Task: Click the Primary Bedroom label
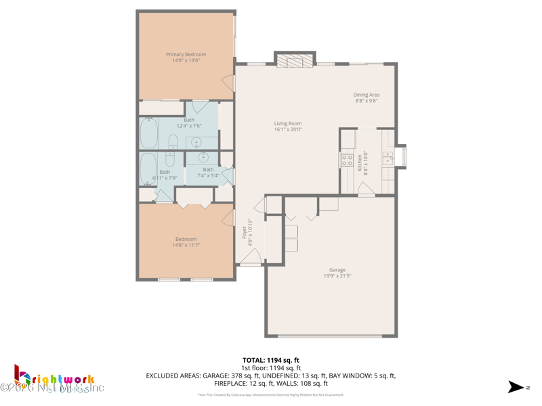pyautogui.click(x=186, y=55)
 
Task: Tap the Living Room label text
pyautogui.click(x=288, y=124)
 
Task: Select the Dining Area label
pyautogui.click(x=367, y=95)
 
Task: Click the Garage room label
pyautogui.click(x=337, y=270)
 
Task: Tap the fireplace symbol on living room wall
pyautogui.click(x=295, y=62)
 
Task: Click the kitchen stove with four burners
pyautogui.click(x=347, y=160)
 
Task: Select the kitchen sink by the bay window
pyautogui.click(x=388, y=158)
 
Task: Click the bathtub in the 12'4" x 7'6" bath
pyautogui.click(x=149, y=133)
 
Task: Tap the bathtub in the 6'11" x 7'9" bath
pyautogui.click(x=147, y=168)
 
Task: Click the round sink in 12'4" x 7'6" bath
pyautogui.click(x=196, y=143)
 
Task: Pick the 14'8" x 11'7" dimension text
pyautogui.click(x=186, y=245)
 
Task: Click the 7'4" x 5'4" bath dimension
pyautogui.click(x=208, y=176)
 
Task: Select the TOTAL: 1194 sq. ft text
pyautogui.click(x=271, y=360)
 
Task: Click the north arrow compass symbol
pyautogui.click(x=516, y=387)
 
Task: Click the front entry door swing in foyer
pyautogui.click(x=250, y=256)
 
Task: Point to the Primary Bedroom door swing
pyautogui.click(x=228, y=83)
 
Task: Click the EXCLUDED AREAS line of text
pyautogui.click(x=271, y=375)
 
